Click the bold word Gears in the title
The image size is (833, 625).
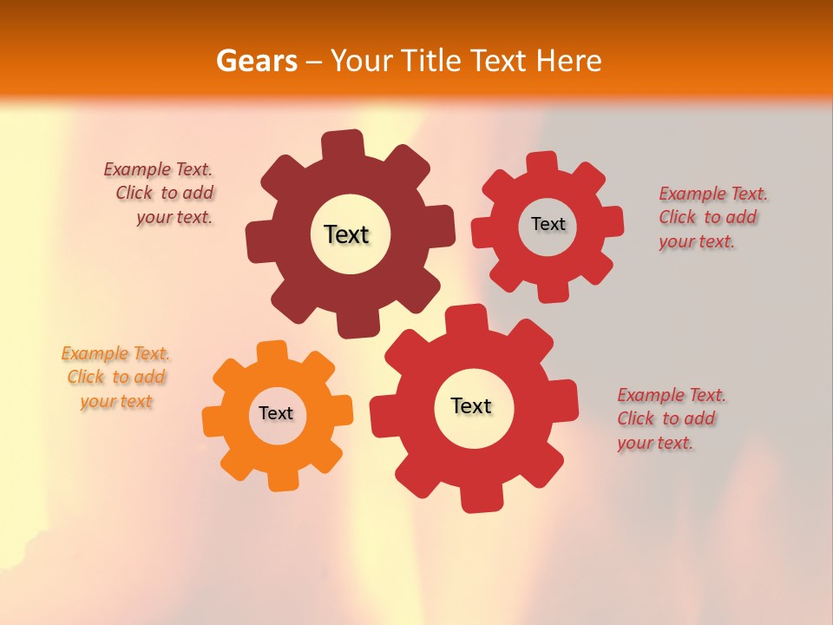tap(255, 61)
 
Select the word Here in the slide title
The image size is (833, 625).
tap(568, 61)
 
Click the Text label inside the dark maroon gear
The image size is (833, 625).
tap(346, 234)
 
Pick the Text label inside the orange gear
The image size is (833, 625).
tap(276, 413)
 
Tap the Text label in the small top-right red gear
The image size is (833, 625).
tap(548, 224)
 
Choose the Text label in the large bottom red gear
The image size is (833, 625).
tap(471, 405)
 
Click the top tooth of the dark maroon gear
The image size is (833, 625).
tap(343, 144)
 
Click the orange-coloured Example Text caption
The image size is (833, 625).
tap(115, 378)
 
